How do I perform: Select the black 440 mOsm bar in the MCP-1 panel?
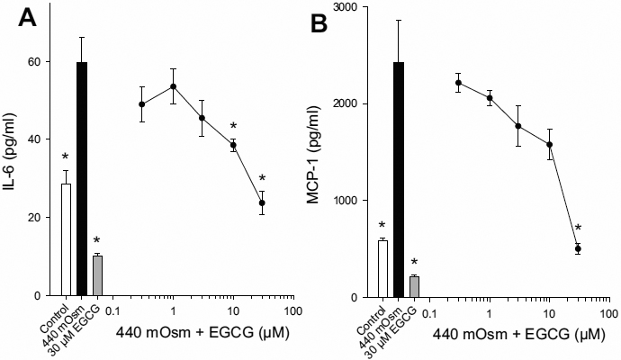pos(399,179)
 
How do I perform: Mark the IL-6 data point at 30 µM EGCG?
pos(262,203)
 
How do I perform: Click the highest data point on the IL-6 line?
pos(173,86)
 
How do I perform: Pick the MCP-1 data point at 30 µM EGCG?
pos(579,248)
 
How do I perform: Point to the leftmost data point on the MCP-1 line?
pos(458,83)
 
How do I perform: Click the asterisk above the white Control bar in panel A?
pos(64,157)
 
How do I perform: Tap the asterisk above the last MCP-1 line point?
pos(579,229)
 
